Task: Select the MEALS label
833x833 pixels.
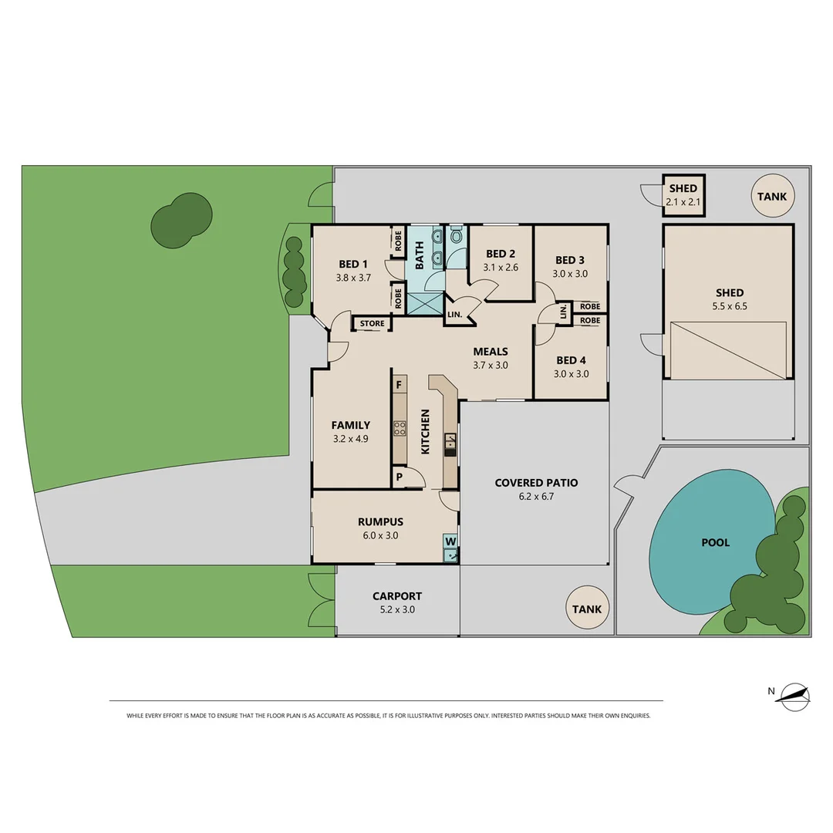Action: (490, 352)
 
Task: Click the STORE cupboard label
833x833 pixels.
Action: (372, 324)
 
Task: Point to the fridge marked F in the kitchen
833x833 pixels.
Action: (399, 384)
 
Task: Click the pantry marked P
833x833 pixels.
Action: (400, 477)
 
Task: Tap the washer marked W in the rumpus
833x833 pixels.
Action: (450, 541)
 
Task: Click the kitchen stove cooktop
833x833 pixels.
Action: (400, 429)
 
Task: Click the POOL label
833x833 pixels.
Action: (715, 542)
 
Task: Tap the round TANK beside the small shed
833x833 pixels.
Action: (771, 197)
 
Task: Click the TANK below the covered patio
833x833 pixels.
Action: (586, 609)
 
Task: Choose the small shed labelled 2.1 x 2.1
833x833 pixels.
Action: (683, 195)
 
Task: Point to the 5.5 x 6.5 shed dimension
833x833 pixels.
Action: (729, 305)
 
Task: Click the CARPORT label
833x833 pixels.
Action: (397, 595)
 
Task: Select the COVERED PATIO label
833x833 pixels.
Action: (536, 483)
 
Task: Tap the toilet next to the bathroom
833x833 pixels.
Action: (457, 234)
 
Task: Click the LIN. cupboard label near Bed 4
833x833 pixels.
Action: (563, 312)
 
